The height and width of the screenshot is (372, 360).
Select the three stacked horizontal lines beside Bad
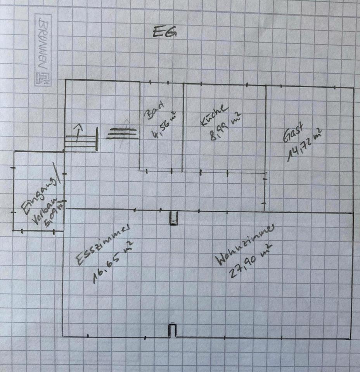(x=122, y=133)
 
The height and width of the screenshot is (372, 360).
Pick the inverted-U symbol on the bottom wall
(x=173, y=331)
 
